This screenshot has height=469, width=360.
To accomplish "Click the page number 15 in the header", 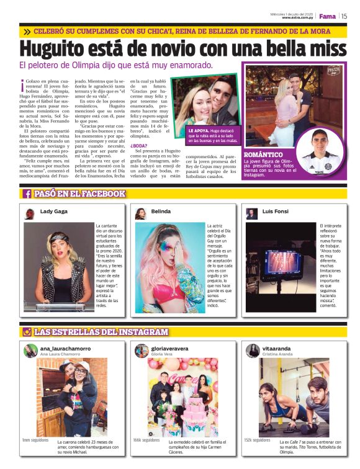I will point(344,16).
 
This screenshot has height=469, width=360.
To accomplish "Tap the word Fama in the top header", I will point(327,16).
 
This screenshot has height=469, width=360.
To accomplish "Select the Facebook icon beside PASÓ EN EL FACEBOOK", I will point(27,194).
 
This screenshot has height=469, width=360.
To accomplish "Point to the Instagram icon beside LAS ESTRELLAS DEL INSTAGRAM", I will point(27,332).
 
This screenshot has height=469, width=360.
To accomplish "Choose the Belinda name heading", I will point(161,212).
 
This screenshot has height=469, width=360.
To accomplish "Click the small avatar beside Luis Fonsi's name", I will point(251,213).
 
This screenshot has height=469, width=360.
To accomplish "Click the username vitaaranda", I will point(277,348).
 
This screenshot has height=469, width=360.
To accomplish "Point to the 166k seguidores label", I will point(146,440).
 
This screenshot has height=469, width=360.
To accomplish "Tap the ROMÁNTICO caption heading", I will point(264,154).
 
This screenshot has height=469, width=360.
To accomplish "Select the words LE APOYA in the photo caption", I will point(199,132).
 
